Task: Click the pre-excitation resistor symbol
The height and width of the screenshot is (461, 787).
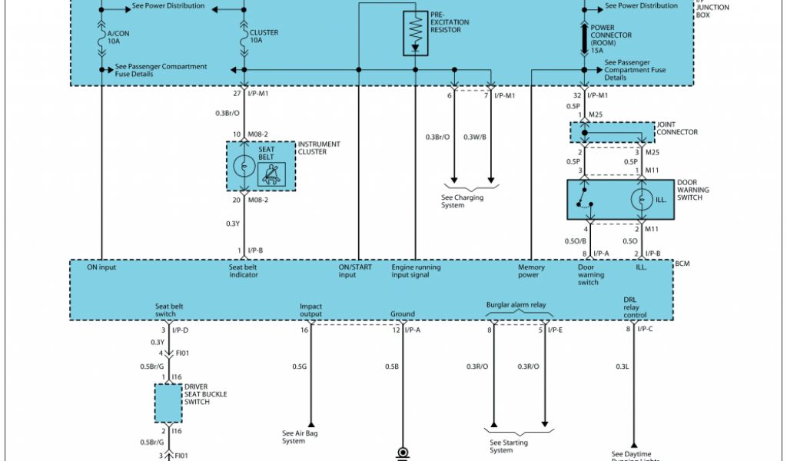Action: (415, 33)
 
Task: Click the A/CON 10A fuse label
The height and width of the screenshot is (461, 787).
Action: (118, 37)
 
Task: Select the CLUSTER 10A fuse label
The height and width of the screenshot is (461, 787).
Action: (264, 37)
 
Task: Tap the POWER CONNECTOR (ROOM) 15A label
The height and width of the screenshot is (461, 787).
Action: (611, 38)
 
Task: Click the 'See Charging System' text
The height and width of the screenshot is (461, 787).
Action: (463, 201)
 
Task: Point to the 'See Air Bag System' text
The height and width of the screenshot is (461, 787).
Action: (300, 437)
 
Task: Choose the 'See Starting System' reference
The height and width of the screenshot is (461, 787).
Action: (509, 446)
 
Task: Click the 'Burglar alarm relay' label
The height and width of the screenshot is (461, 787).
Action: (516, 305)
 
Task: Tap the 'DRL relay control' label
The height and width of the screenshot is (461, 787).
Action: (635, 307)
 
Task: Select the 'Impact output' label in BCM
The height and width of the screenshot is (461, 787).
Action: (310, 310)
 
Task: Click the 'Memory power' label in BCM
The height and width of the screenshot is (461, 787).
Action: (531, 271)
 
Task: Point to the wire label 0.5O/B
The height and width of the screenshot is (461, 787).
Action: (576, 242)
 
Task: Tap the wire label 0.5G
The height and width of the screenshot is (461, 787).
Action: (299, 366)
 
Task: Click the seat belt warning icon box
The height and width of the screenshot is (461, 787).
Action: (271, 175)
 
